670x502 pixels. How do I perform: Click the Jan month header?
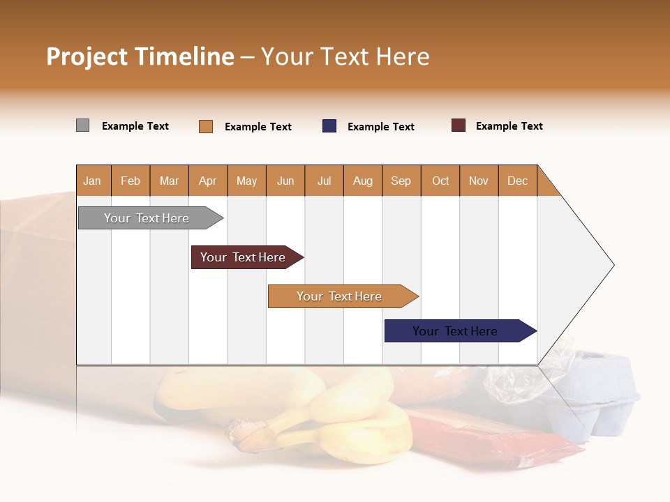click(93, 181)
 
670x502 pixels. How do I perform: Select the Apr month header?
click(208, 181)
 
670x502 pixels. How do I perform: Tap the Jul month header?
click(324, 181)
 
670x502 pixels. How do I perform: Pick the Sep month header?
click(401, 181)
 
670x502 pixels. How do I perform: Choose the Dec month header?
click(517, 181)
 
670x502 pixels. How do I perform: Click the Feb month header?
click(131, 181)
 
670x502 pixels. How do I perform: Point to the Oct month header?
click(440, 181)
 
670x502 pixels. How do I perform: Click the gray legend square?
click(82, 125)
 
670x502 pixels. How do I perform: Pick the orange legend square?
click(206, 126)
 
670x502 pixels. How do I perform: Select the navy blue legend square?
click(329, 126)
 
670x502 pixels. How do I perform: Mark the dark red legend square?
click(459, 125)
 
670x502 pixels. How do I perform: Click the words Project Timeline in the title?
click(140, 56)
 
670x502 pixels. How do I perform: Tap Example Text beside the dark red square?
click(509, 126)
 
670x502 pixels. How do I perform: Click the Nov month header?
click(479, 181)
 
